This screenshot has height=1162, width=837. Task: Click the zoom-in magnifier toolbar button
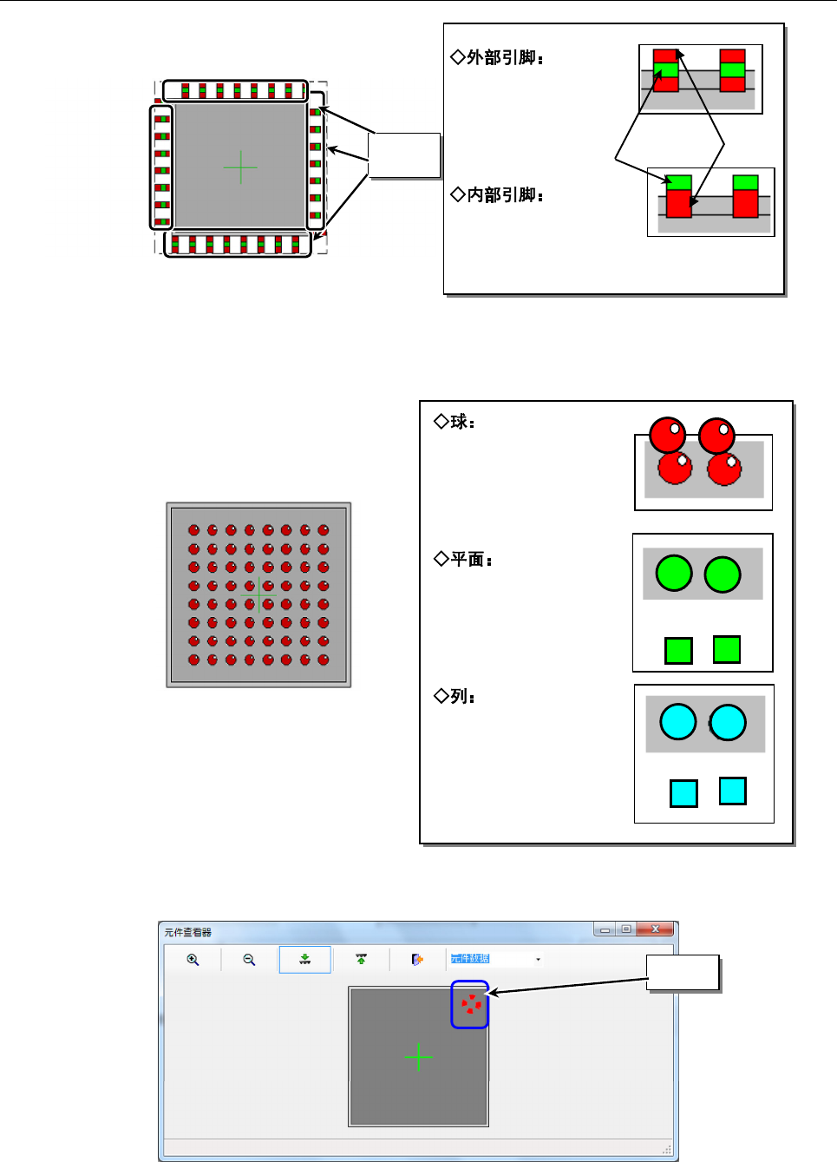[193, 960]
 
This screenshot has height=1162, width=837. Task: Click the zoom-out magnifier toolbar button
[249, 960]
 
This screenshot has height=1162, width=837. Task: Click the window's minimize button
[605, 929]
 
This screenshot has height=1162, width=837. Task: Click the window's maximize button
[625, 929]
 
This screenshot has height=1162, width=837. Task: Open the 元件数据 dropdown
[538, 960]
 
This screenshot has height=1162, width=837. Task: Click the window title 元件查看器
[188, 933]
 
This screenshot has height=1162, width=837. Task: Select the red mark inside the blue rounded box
[470, 1005]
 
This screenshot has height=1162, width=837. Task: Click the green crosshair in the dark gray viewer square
[419, 1057]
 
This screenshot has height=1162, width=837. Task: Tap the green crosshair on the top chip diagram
[240, 167]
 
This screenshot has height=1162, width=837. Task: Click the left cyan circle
[678, 722]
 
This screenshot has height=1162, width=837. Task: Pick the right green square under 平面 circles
[726, 649]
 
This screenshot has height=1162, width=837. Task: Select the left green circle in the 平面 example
[674, 574]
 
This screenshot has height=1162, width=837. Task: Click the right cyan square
[733, 791]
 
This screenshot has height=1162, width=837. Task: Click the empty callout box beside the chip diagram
[405, 155]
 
